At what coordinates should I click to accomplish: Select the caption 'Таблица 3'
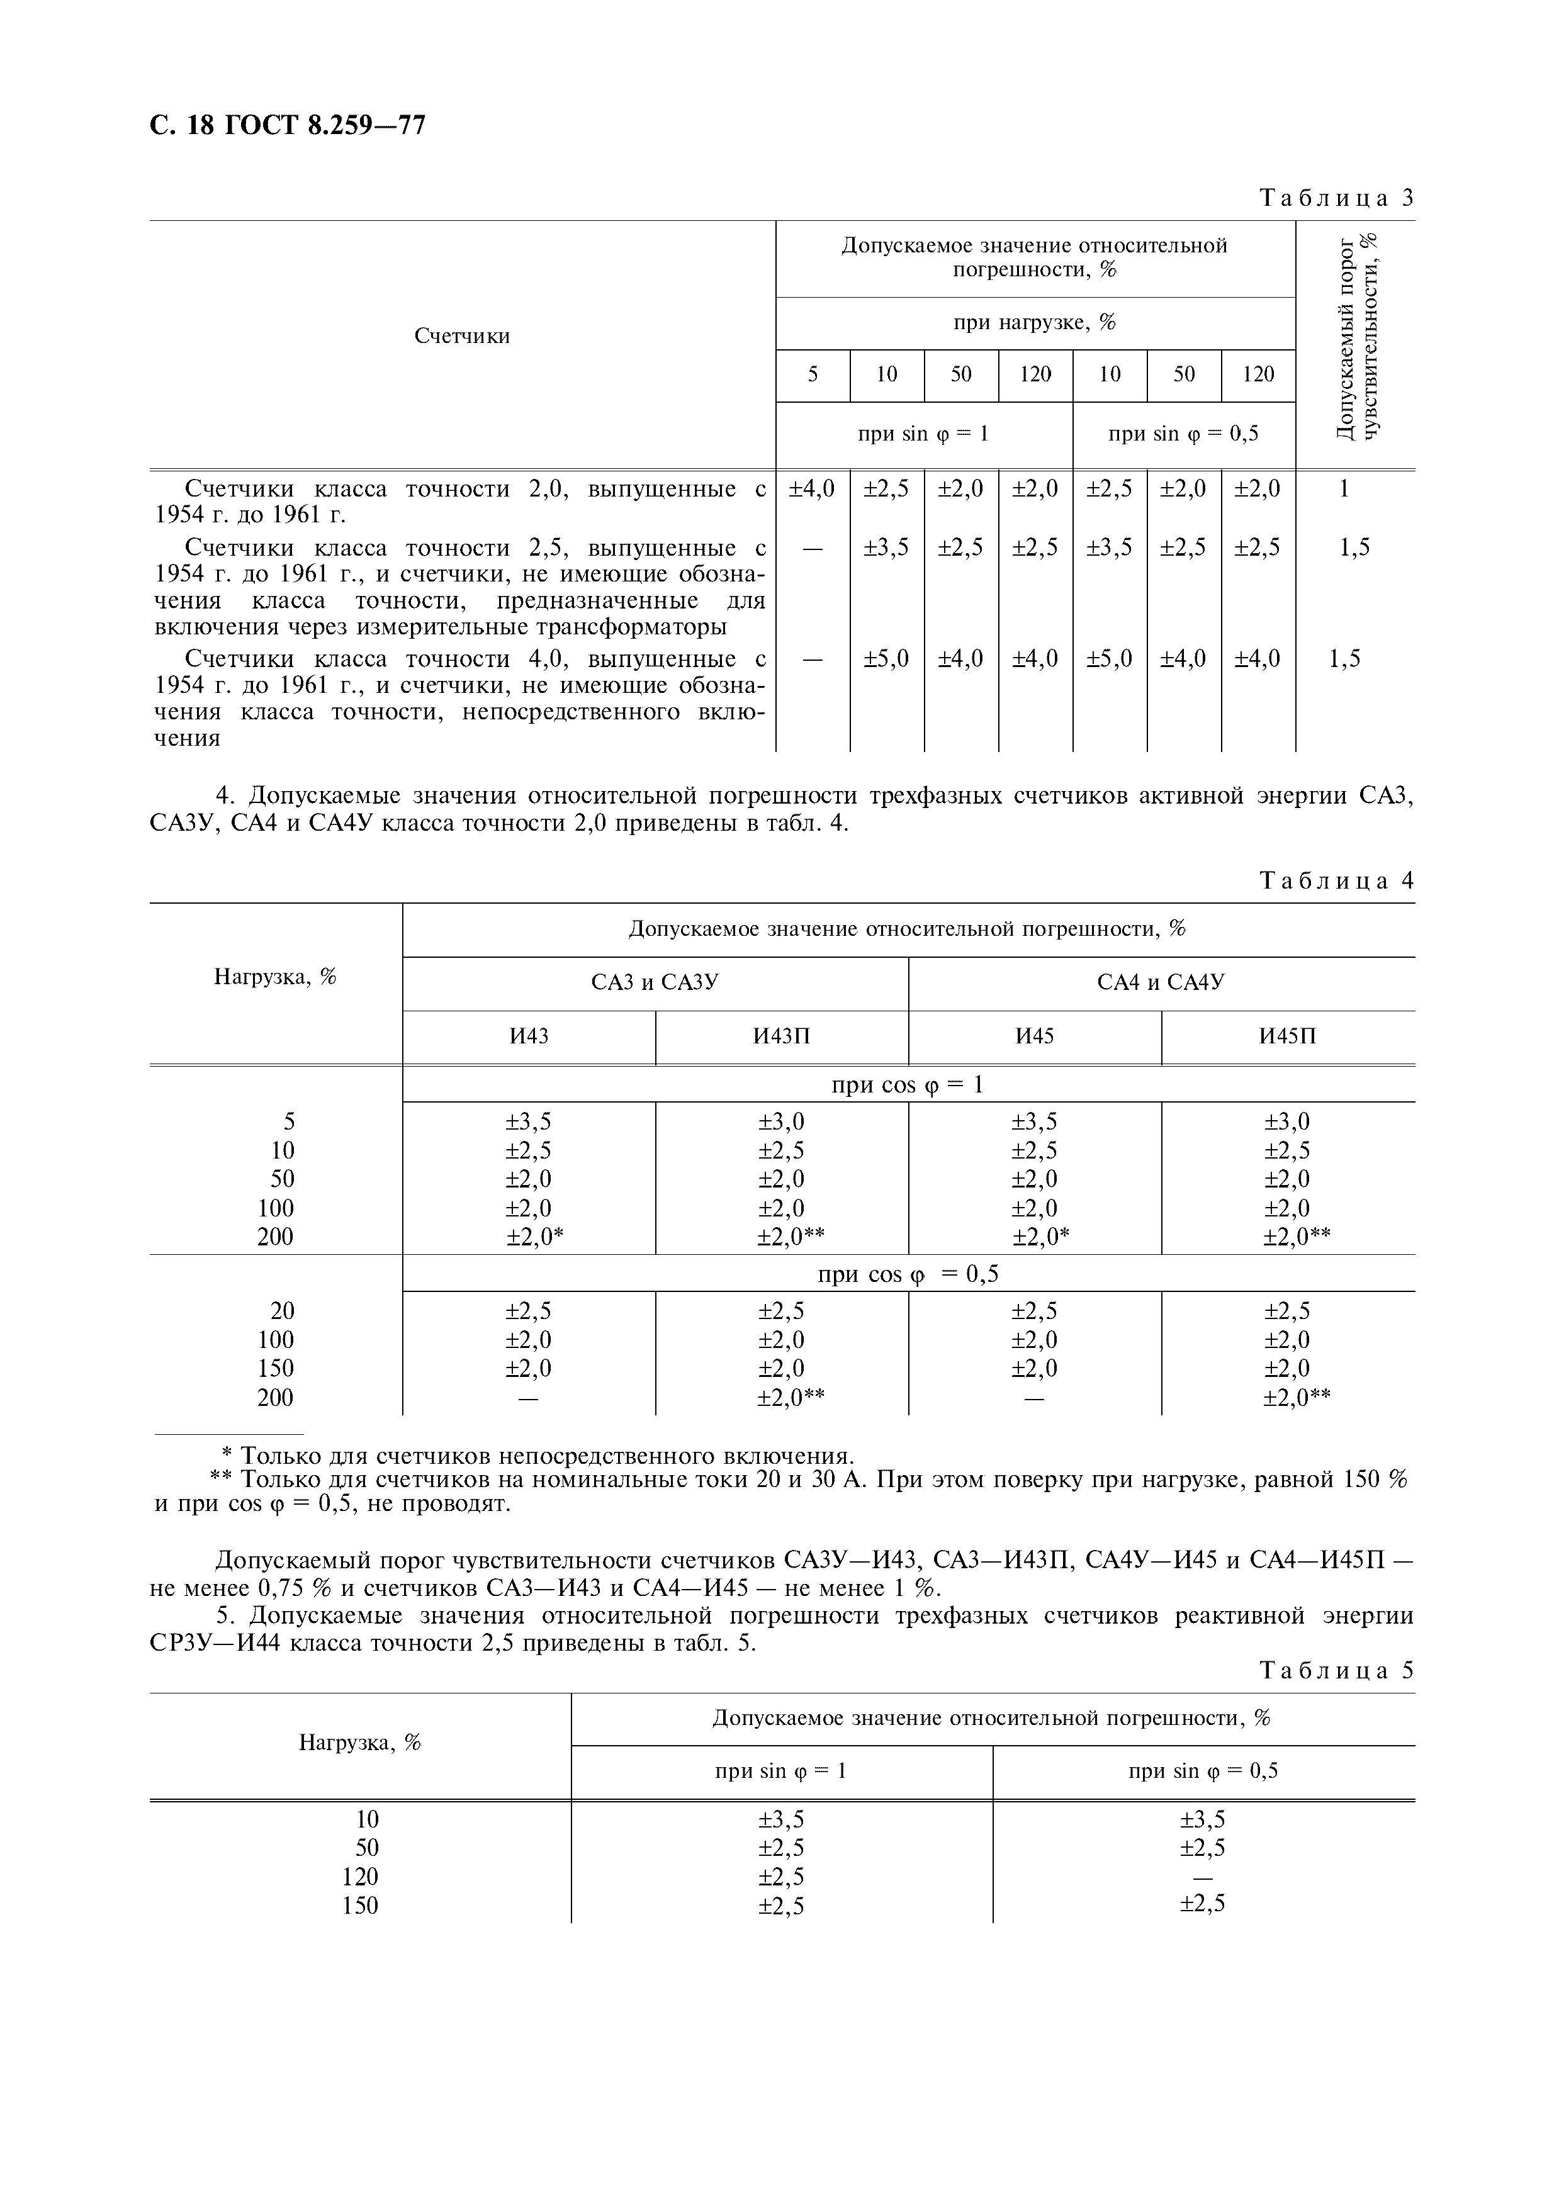point(1336,198)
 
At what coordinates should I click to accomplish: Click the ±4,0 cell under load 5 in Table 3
point(812,488)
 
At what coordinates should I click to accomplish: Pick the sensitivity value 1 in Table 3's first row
point(1344,488)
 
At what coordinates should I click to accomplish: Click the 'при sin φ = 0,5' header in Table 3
point(1183,434)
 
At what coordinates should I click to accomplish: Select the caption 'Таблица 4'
point(1336,880)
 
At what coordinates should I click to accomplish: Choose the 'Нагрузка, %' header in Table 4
point(275,977)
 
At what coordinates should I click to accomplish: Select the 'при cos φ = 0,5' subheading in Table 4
point(908,1274)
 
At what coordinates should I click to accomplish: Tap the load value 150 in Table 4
point(275,1368)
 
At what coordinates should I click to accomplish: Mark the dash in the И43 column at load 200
point(527,1398)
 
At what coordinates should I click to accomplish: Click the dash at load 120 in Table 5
point(1202,1877)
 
